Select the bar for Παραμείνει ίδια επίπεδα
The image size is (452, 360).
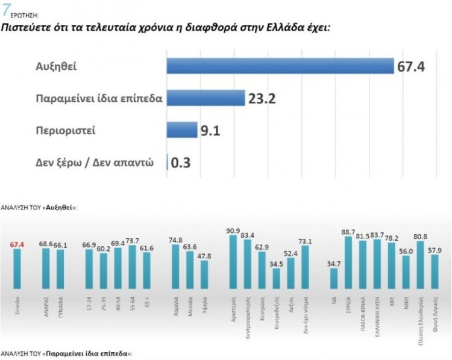205,98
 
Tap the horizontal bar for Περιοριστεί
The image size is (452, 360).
181,130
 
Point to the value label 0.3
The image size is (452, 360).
181,163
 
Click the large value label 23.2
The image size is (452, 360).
262,98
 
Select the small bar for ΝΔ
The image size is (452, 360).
334,279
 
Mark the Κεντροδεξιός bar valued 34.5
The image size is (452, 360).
277,279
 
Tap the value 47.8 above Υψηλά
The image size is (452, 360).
205,255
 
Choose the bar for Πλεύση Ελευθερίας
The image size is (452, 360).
421,265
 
